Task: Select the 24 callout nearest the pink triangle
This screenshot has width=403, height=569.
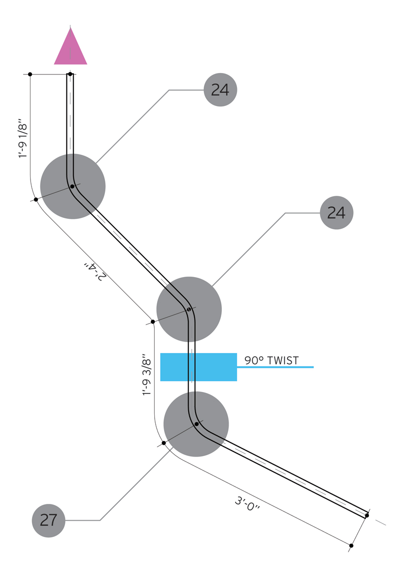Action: [220, 90]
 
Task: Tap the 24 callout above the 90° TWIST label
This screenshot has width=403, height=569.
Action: [336, 213]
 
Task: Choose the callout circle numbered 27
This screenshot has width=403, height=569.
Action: [48, 520]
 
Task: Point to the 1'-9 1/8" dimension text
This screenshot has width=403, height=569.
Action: [23, 138]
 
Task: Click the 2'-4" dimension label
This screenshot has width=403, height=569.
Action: [94, 272]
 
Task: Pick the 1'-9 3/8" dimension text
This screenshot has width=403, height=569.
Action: [146, 374]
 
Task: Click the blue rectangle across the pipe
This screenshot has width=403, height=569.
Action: [199, 367]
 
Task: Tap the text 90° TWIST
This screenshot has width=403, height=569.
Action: [271, 361]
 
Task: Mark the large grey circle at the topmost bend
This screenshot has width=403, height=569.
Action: [72, 186]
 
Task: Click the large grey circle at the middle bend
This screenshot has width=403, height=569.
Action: [189, 309]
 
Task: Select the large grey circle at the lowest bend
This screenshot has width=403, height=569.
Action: [196, 424]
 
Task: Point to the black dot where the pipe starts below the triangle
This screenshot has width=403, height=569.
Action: [70, 74]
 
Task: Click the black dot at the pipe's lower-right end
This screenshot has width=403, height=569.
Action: [367, 516]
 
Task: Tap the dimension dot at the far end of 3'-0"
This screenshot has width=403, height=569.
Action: [351, 546]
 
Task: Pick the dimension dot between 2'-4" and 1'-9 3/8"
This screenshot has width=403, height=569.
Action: [153, 322]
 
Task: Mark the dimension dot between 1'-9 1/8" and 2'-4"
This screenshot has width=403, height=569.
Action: [36, 200]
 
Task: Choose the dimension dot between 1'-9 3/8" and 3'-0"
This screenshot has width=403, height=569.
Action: [164, 443]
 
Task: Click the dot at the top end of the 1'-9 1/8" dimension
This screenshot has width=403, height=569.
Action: [30, 74]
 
